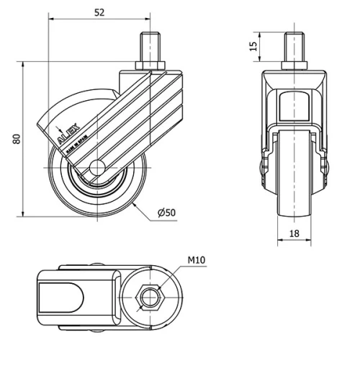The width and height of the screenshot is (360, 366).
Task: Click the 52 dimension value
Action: pos(99,12)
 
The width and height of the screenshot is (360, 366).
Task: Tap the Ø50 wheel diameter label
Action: pos(166,213)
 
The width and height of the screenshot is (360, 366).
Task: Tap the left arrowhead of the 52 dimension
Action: pos(52,19)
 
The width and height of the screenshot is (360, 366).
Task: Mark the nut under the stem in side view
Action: pos(150,68)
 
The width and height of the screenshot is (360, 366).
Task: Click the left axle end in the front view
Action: pos(261,167)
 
